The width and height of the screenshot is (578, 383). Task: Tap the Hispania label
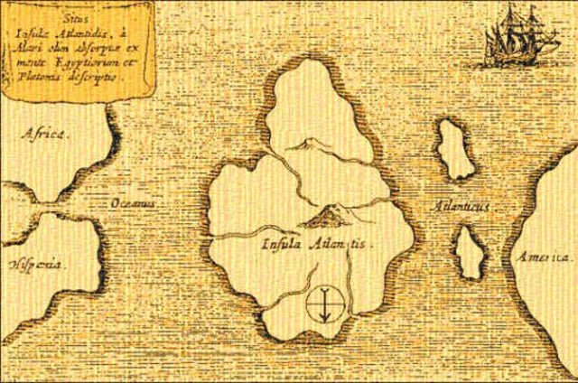point(36,264)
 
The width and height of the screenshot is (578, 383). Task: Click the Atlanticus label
point(460,207)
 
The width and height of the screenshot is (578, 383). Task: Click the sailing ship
point(515,36)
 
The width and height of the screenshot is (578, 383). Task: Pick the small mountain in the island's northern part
point(307,143)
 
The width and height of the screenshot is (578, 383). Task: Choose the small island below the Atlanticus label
point(469,252)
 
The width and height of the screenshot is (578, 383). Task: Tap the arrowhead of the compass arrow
point(322,319)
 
